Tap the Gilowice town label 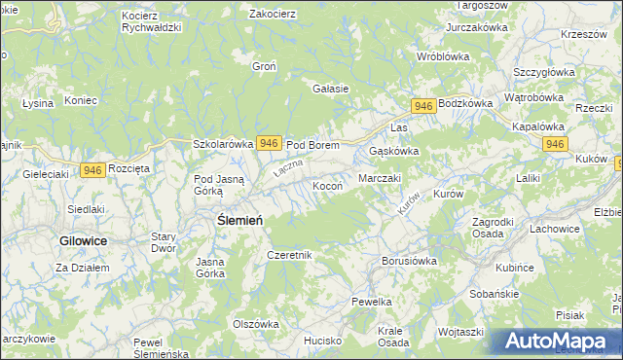point(83,239)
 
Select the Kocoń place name point(326,185)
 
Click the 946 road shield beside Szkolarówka point(270,143)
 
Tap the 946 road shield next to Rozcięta point(92,170)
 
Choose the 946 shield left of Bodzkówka point(422,105)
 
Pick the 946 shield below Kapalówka point(555,144)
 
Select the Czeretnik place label point(289,255)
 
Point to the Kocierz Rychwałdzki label point(152,22)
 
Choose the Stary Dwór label point(164,242)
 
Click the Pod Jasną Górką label point(222,184)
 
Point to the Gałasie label point(330,89)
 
